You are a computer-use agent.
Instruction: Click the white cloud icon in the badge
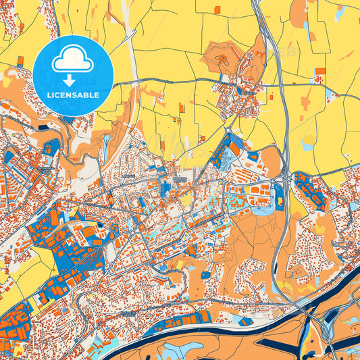[x=73, y=60]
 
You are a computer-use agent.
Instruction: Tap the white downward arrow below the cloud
[x=73, y=79]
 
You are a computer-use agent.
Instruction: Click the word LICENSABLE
[x=73, y=95]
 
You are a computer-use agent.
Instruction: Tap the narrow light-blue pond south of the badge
[x=107, y=143]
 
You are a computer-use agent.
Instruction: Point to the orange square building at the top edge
[x=216, y=9]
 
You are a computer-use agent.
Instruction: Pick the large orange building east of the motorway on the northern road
[x=320, y=70]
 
